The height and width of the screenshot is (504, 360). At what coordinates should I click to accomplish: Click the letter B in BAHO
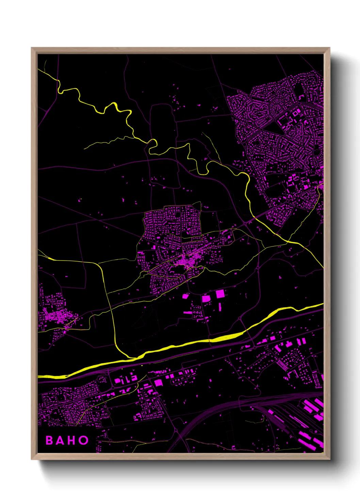coord(49,440)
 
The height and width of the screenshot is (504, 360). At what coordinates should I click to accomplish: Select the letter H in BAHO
coord(72,440)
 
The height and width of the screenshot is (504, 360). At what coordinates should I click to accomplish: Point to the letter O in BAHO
coord(83,440)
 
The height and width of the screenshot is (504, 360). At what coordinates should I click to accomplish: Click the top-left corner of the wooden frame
coord(32,48)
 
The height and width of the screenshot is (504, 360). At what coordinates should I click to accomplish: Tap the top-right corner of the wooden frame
coord(329,48)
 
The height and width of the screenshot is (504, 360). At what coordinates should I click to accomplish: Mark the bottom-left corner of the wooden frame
coord(32,459)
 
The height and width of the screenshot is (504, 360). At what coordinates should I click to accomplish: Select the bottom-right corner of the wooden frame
coord(329,459)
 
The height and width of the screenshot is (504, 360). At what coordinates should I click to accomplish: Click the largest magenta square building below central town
coord(220,294)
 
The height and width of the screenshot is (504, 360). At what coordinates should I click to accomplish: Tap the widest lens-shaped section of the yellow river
coord(226,337)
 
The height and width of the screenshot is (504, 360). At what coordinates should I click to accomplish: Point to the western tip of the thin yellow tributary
coord(84,149)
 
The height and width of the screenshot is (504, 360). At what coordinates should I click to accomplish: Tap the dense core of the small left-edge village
coord(56,317)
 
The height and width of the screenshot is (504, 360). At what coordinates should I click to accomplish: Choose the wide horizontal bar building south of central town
coord(187,312)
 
